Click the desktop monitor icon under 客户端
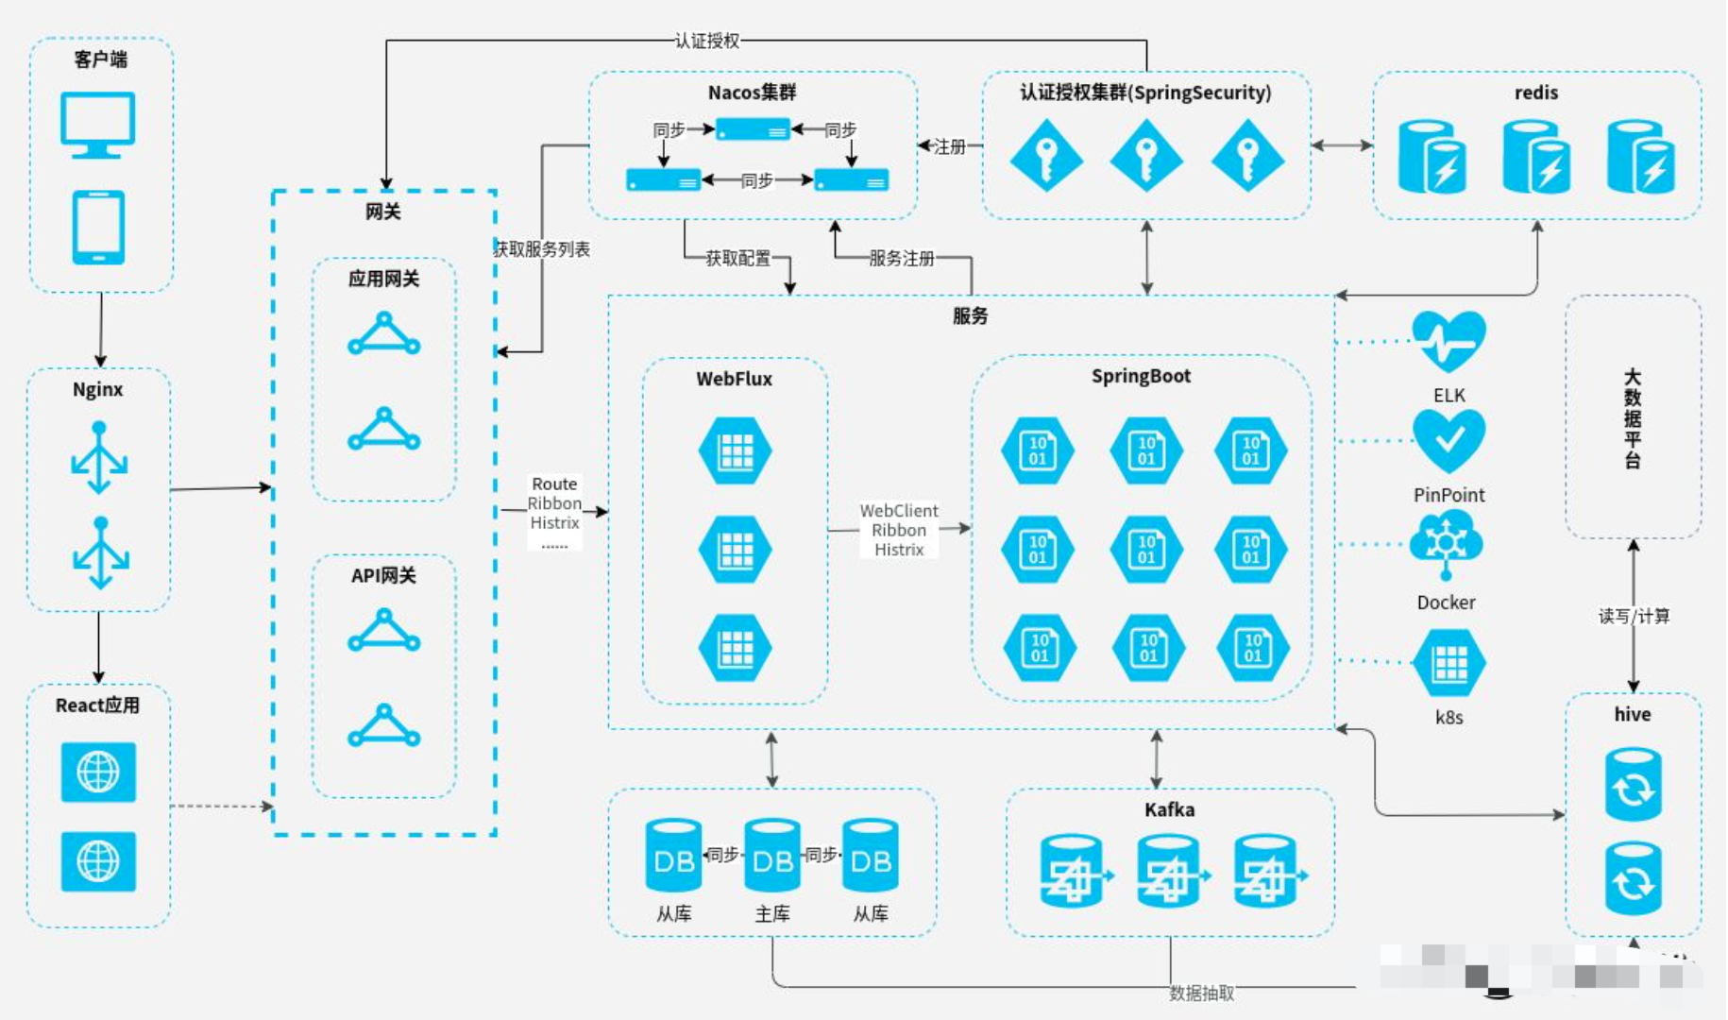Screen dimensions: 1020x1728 (x=98, y=123)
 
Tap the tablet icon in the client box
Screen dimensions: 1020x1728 (x=98, y=228)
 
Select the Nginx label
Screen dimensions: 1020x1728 (x=98, y=389)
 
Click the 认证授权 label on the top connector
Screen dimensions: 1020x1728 (x=707, y=41)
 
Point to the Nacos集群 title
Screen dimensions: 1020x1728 (x=752, y=93)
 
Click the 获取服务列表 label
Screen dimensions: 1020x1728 (x=542, y=249)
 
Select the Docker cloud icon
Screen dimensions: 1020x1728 (x=1446, y=544)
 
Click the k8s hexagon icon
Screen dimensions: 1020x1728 (x=1448, y=664)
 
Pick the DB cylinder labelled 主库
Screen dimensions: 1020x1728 (x=772, y=856)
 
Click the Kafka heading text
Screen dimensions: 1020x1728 (x=1169, y=809)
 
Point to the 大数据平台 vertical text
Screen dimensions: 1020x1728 (x=1633, y=418)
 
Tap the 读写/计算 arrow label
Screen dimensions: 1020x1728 (x=1634, y=616)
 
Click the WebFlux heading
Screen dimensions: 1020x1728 (x=734, y=379)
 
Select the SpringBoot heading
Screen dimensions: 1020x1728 (x=1141, y=376)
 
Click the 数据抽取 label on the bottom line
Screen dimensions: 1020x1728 (x=1201, y=993)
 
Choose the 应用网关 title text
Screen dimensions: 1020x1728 (x=383, y=279)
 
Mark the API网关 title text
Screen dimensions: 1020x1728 (x=383, y=575)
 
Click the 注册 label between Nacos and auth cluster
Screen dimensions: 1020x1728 (x=949, y=146)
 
